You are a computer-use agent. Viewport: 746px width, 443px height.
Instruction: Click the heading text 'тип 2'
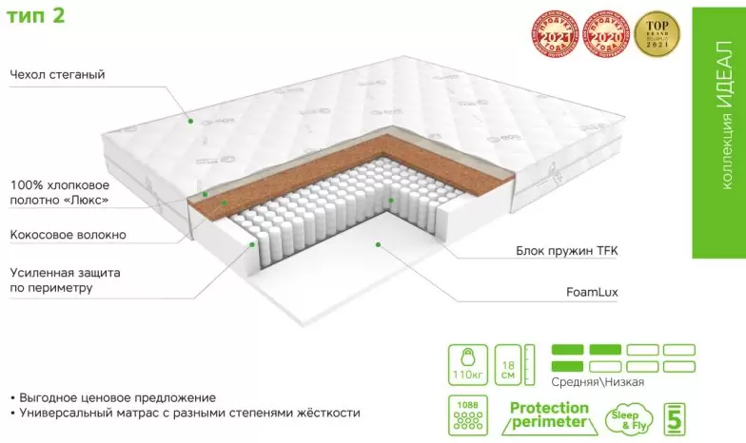(x=37, y=16)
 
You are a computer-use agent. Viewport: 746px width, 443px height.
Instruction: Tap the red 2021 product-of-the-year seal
(x=553, y=34)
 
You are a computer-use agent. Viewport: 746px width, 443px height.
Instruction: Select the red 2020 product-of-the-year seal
(x=604, y=34)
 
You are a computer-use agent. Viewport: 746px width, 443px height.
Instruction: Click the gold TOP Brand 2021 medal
(x=658, y=34)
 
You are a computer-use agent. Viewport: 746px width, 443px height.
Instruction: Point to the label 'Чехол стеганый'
(x=57, y=74)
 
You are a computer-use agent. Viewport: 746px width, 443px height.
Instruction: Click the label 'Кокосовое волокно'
(x=68, y=235)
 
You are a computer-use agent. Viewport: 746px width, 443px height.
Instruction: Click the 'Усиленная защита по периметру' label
(x=65, y=279)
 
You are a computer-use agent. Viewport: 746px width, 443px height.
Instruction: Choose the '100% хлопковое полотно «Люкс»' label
(x=60, y=192)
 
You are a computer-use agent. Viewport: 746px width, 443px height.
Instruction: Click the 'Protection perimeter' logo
(x=549, y=416)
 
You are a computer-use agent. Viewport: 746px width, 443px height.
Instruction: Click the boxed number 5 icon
(x=675, y=417)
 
